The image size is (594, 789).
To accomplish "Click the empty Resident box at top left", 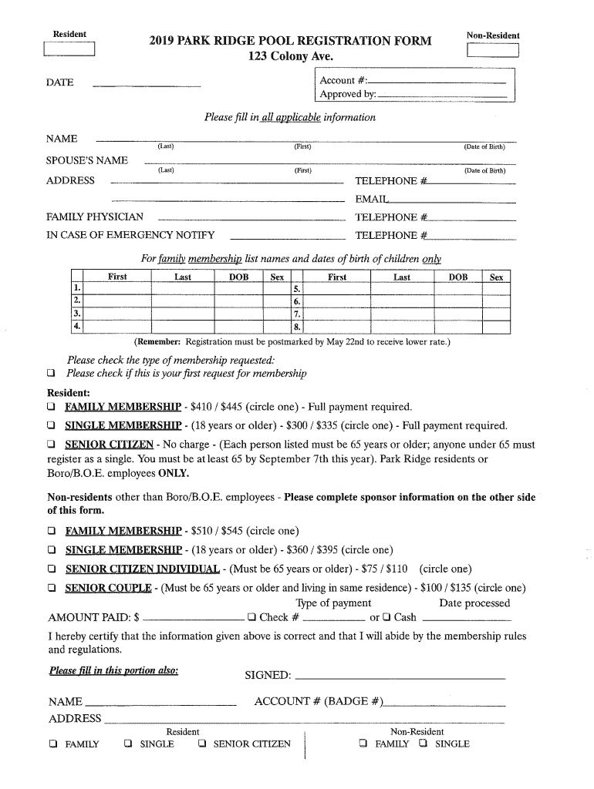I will (x=69, y=50).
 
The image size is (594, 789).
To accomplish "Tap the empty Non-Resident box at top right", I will (x=493, y=51).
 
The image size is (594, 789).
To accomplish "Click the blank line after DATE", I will (x=147, y=83).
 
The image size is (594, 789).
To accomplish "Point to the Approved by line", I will (x=443, y=95).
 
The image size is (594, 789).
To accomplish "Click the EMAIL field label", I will (x=370, y=200).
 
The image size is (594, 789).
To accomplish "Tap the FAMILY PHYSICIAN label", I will (x=95, y=217).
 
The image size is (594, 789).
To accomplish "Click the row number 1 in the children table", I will (x=77, y=288).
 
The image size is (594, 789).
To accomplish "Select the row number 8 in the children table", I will (x=297, y=327).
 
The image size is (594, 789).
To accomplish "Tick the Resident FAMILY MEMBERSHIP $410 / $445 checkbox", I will (x=52, y=407).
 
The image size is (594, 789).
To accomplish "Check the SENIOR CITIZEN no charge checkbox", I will (x=52, y=445).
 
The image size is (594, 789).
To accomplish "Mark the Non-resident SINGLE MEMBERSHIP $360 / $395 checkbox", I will (x=52, y=550).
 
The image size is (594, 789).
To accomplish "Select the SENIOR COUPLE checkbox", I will (x=52, y=588).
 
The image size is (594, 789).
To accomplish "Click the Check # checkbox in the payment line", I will (x=251, y=616).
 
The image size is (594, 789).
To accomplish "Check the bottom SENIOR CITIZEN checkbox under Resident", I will (x=202, y=744).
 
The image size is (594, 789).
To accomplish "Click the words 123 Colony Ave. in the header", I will (x=290, y=56).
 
